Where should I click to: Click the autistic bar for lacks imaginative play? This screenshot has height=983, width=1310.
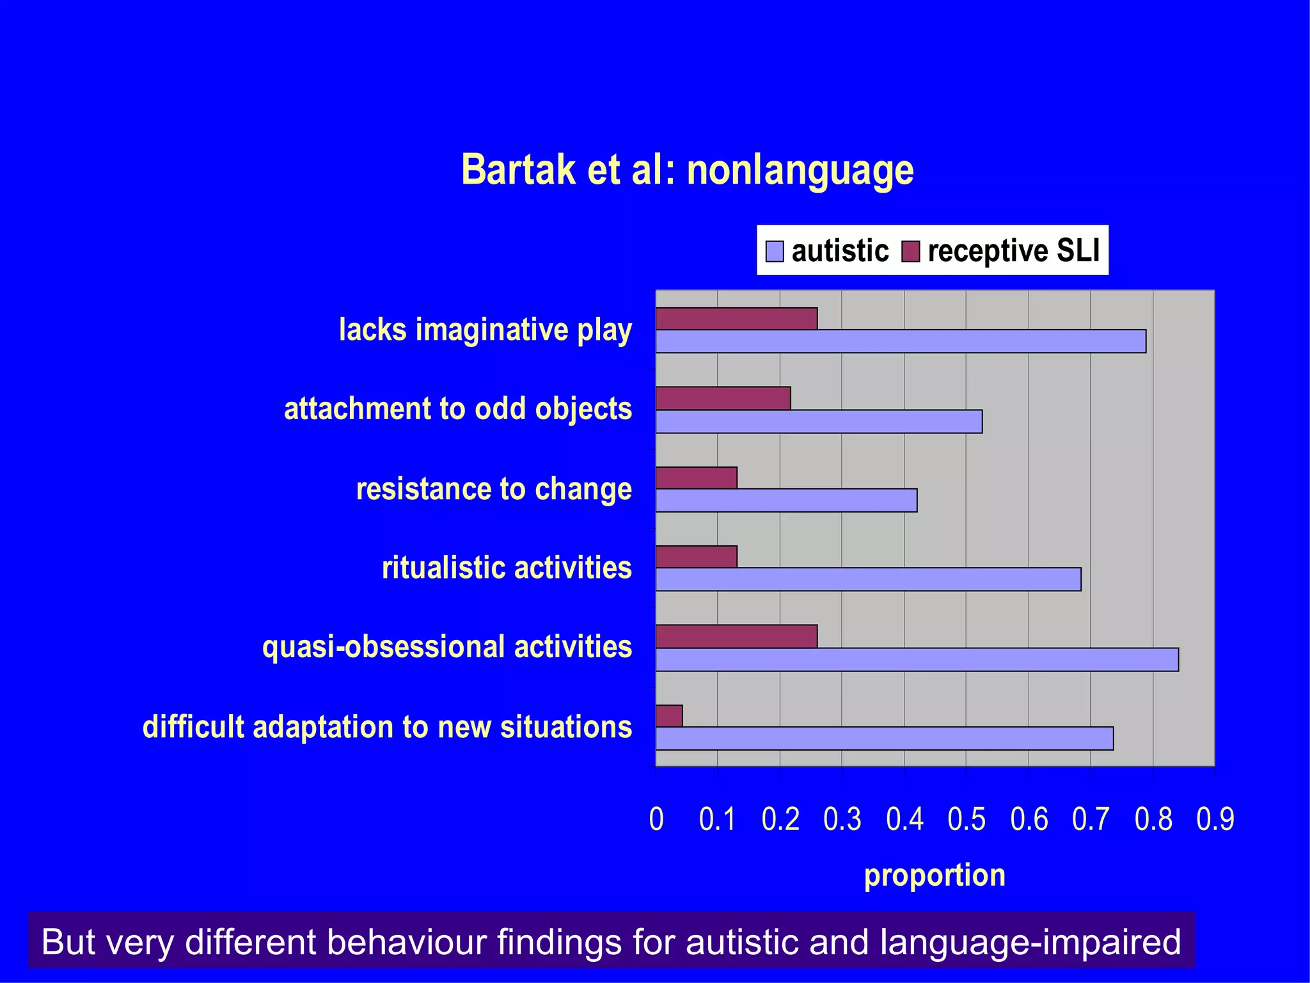[901, 341]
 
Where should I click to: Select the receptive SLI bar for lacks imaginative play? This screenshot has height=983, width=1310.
[736, 319]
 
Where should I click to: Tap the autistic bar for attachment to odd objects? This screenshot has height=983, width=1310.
[819, 422]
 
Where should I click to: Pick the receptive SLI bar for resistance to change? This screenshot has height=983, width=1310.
[696, 477]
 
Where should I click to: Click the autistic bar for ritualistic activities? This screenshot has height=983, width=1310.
[868, 579]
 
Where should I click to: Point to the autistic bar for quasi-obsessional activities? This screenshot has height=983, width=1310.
[917, 659]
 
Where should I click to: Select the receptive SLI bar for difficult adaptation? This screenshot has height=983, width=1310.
[669, 715]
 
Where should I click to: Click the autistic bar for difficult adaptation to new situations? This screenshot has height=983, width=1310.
[884, 739]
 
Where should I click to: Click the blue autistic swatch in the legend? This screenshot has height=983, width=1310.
[775, 251]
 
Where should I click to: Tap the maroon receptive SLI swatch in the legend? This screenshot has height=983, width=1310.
[910, 251]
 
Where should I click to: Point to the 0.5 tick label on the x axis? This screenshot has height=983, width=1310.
[967, 820]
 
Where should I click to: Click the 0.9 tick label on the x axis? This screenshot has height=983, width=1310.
[1215, 820]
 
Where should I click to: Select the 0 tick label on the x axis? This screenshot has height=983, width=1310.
[656, 820]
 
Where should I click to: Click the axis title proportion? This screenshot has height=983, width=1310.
[935, 875]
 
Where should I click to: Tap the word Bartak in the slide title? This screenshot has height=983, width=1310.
[518, 170]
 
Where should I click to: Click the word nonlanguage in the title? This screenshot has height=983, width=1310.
[800, 170]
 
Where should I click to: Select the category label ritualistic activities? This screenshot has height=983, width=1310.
[507, 568]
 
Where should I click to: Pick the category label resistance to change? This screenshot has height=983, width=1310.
[494, 489]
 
